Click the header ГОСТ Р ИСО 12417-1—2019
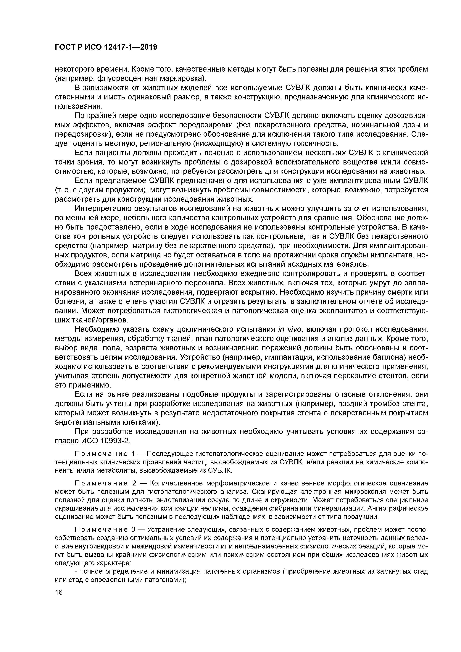[106, 47]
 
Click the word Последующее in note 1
[169, 454]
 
